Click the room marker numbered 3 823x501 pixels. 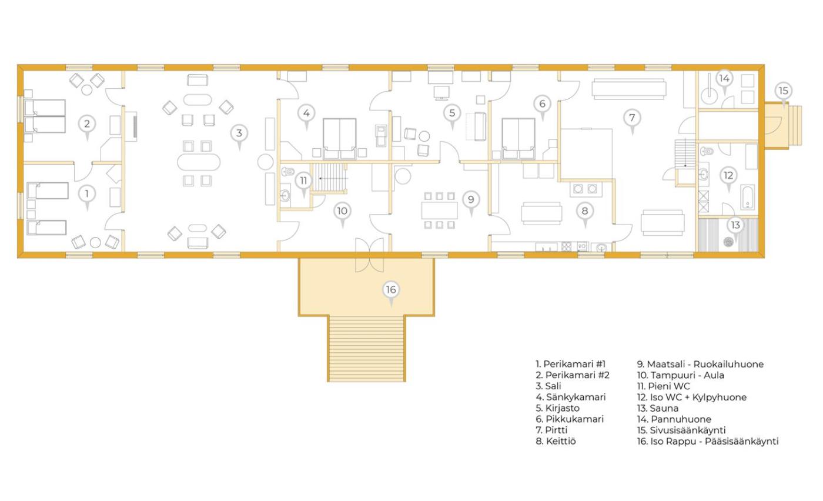tap(239, 135)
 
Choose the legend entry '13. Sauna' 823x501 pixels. tap(658, 408)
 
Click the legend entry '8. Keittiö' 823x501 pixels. tap(556, 441)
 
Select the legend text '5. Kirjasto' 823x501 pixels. tap(557, 408)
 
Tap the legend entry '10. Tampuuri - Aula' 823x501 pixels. tap(681, 375)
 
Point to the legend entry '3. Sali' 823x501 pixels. tap(548, 386)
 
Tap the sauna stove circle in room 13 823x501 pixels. tap(728, 242)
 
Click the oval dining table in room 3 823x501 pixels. tap(199, 162)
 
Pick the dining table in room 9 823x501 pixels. tap(440, 211)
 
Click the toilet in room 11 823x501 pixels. tap(288, 171)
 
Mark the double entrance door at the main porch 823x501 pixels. tap(369, 255)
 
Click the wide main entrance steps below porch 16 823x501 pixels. tap(366, 349)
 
